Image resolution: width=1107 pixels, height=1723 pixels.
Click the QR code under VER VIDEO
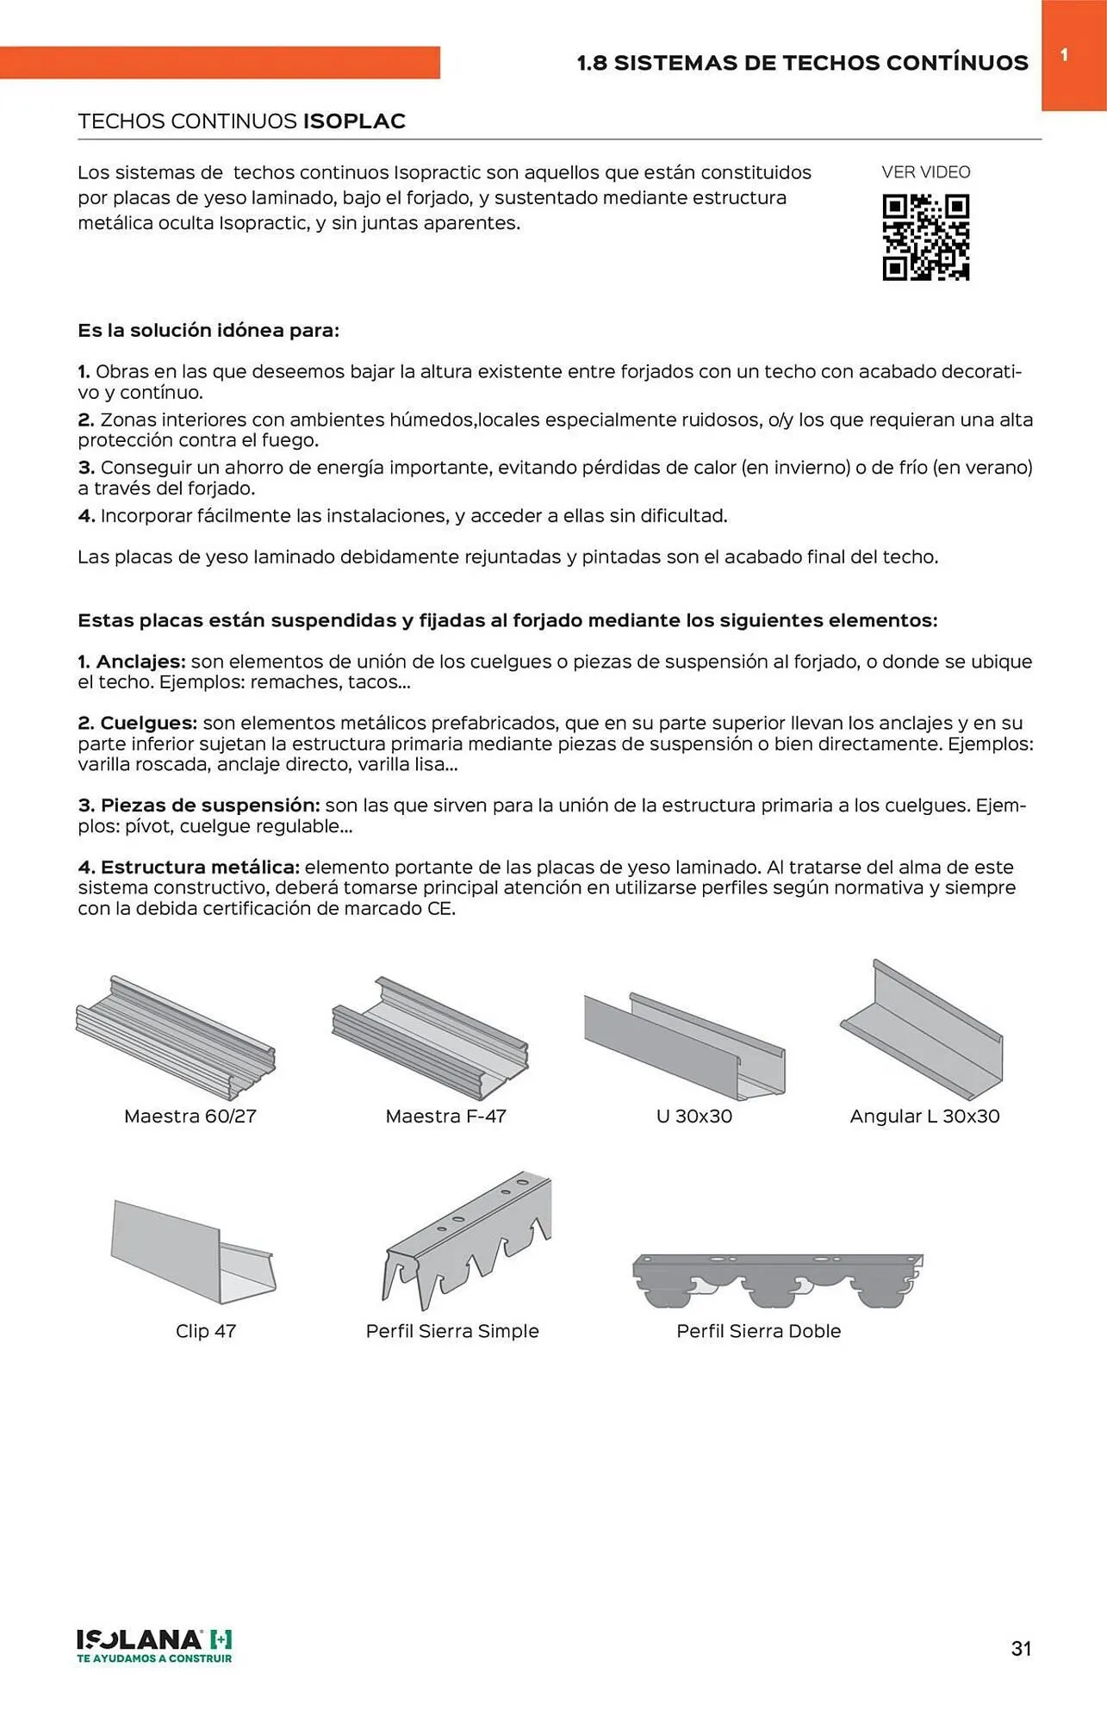[x=925, y=238]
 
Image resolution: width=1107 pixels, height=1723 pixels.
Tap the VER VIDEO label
[x=925, y=172]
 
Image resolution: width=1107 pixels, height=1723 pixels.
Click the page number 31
[x=1021, y=1648]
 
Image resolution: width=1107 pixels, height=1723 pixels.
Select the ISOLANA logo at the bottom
[x=154, y=1639]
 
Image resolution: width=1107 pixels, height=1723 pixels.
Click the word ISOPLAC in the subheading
[x=354, y=121]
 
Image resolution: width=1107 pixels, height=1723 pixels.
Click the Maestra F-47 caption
[x=445, y=1117]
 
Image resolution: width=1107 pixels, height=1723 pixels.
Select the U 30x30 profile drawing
[x=685, y=1045]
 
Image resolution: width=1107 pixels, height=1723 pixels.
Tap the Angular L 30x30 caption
[x=924, y=1117]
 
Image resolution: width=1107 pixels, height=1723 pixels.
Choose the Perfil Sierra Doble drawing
[x=777, y=1279]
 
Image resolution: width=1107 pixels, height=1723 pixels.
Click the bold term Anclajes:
[x=140, y=662]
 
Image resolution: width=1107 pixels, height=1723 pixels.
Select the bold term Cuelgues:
[x=148, y=723]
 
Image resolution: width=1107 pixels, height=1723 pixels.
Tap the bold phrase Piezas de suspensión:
[x=210, y=806]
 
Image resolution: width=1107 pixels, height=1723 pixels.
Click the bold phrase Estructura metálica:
[x=200, y=867]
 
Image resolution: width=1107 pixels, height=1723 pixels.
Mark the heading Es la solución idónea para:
[x=208, y=331]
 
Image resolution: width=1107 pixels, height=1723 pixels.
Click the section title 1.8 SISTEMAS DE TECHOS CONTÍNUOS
[x=802, y=63]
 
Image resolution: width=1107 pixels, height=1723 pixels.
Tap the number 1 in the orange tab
[x=1064, y=55]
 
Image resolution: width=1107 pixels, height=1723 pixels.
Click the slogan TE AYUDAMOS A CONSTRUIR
[x=154, y=1658]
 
